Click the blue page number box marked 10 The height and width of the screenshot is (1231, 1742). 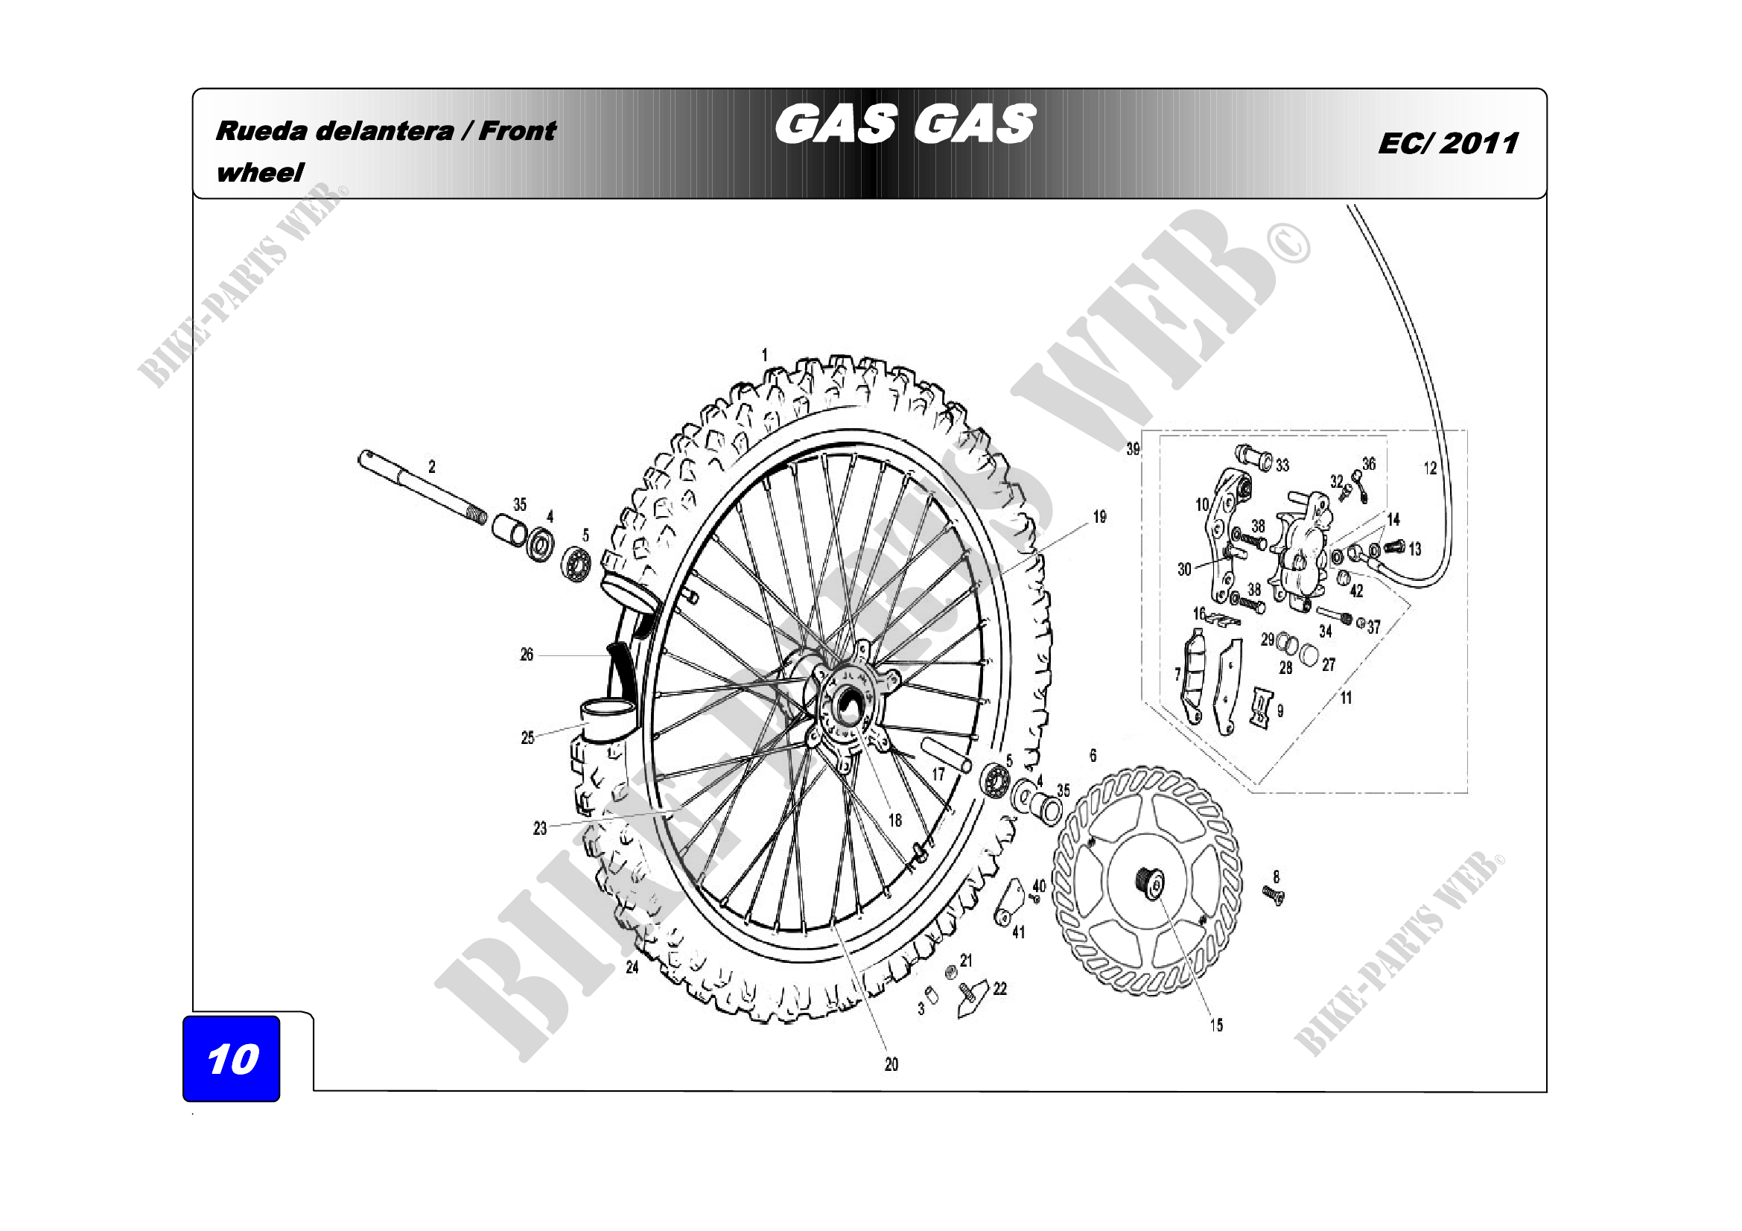pyautogui.click(x=232, y=1058)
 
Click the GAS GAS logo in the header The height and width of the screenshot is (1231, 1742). pyautogui.click(x=904, y=124)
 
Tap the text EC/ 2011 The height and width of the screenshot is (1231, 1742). pyautogui.click(x=1448, y=143)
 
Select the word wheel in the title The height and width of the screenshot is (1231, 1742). pyautogui.click(x=259, y=172)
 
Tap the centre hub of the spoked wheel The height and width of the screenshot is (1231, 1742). pyautogui.click(x=848, y=706)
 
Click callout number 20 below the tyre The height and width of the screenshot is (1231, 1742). pyautogui.click(x=891, y=1065)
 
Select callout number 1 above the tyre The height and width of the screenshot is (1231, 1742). pyautogui.click(x=765, y=354)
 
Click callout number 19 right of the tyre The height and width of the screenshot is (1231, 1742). pyautogui.click(x=1099, y=517)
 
